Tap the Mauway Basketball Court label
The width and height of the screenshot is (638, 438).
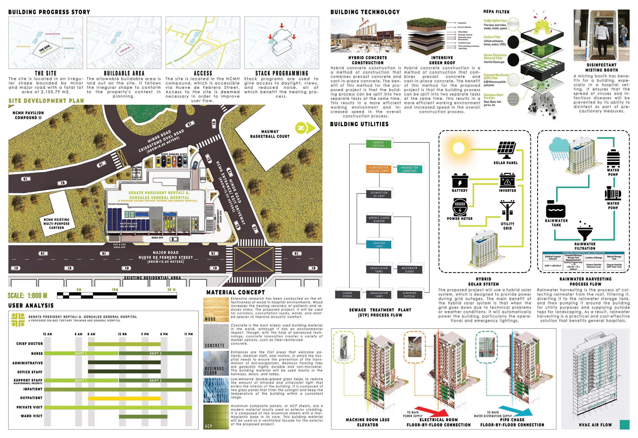[x=270, y=134]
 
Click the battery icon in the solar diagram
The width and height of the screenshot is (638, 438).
[x=460, y=180]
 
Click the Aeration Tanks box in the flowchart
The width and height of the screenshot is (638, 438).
[x=379, y=244]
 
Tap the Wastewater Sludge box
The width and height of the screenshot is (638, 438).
[x=409, y=269]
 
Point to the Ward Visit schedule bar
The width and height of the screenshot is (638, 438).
[x=143, y=417]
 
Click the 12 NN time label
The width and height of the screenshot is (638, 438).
[x=122, y=334]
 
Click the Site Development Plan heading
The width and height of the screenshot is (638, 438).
[x=46, y=101]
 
